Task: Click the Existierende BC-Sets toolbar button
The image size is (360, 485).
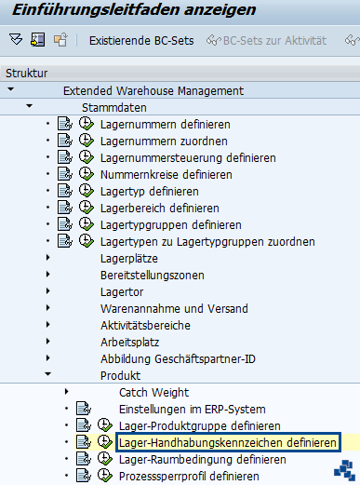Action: click(x=140, y=40)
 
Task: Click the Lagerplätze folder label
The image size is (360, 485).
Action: click(x=128, y=258)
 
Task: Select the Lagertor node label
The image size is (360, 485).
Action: click(x=121, y=291)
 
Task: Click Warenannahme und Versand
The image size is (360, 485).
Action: click(x=162, y=308)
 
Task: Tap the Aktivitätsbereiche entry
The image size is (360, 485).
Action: click(x=145, y=325)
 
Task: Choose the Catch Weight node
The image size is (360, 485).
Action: click(x=153, y=392)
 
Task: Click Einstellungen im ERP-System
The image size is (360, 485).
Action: click(x=192, y=409)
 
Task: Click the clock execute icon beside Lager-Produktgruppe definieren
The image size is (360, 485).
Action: click(x=105, y=425)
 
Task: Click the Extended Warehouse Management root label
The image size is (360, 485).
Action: click(x=153, y=90)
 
